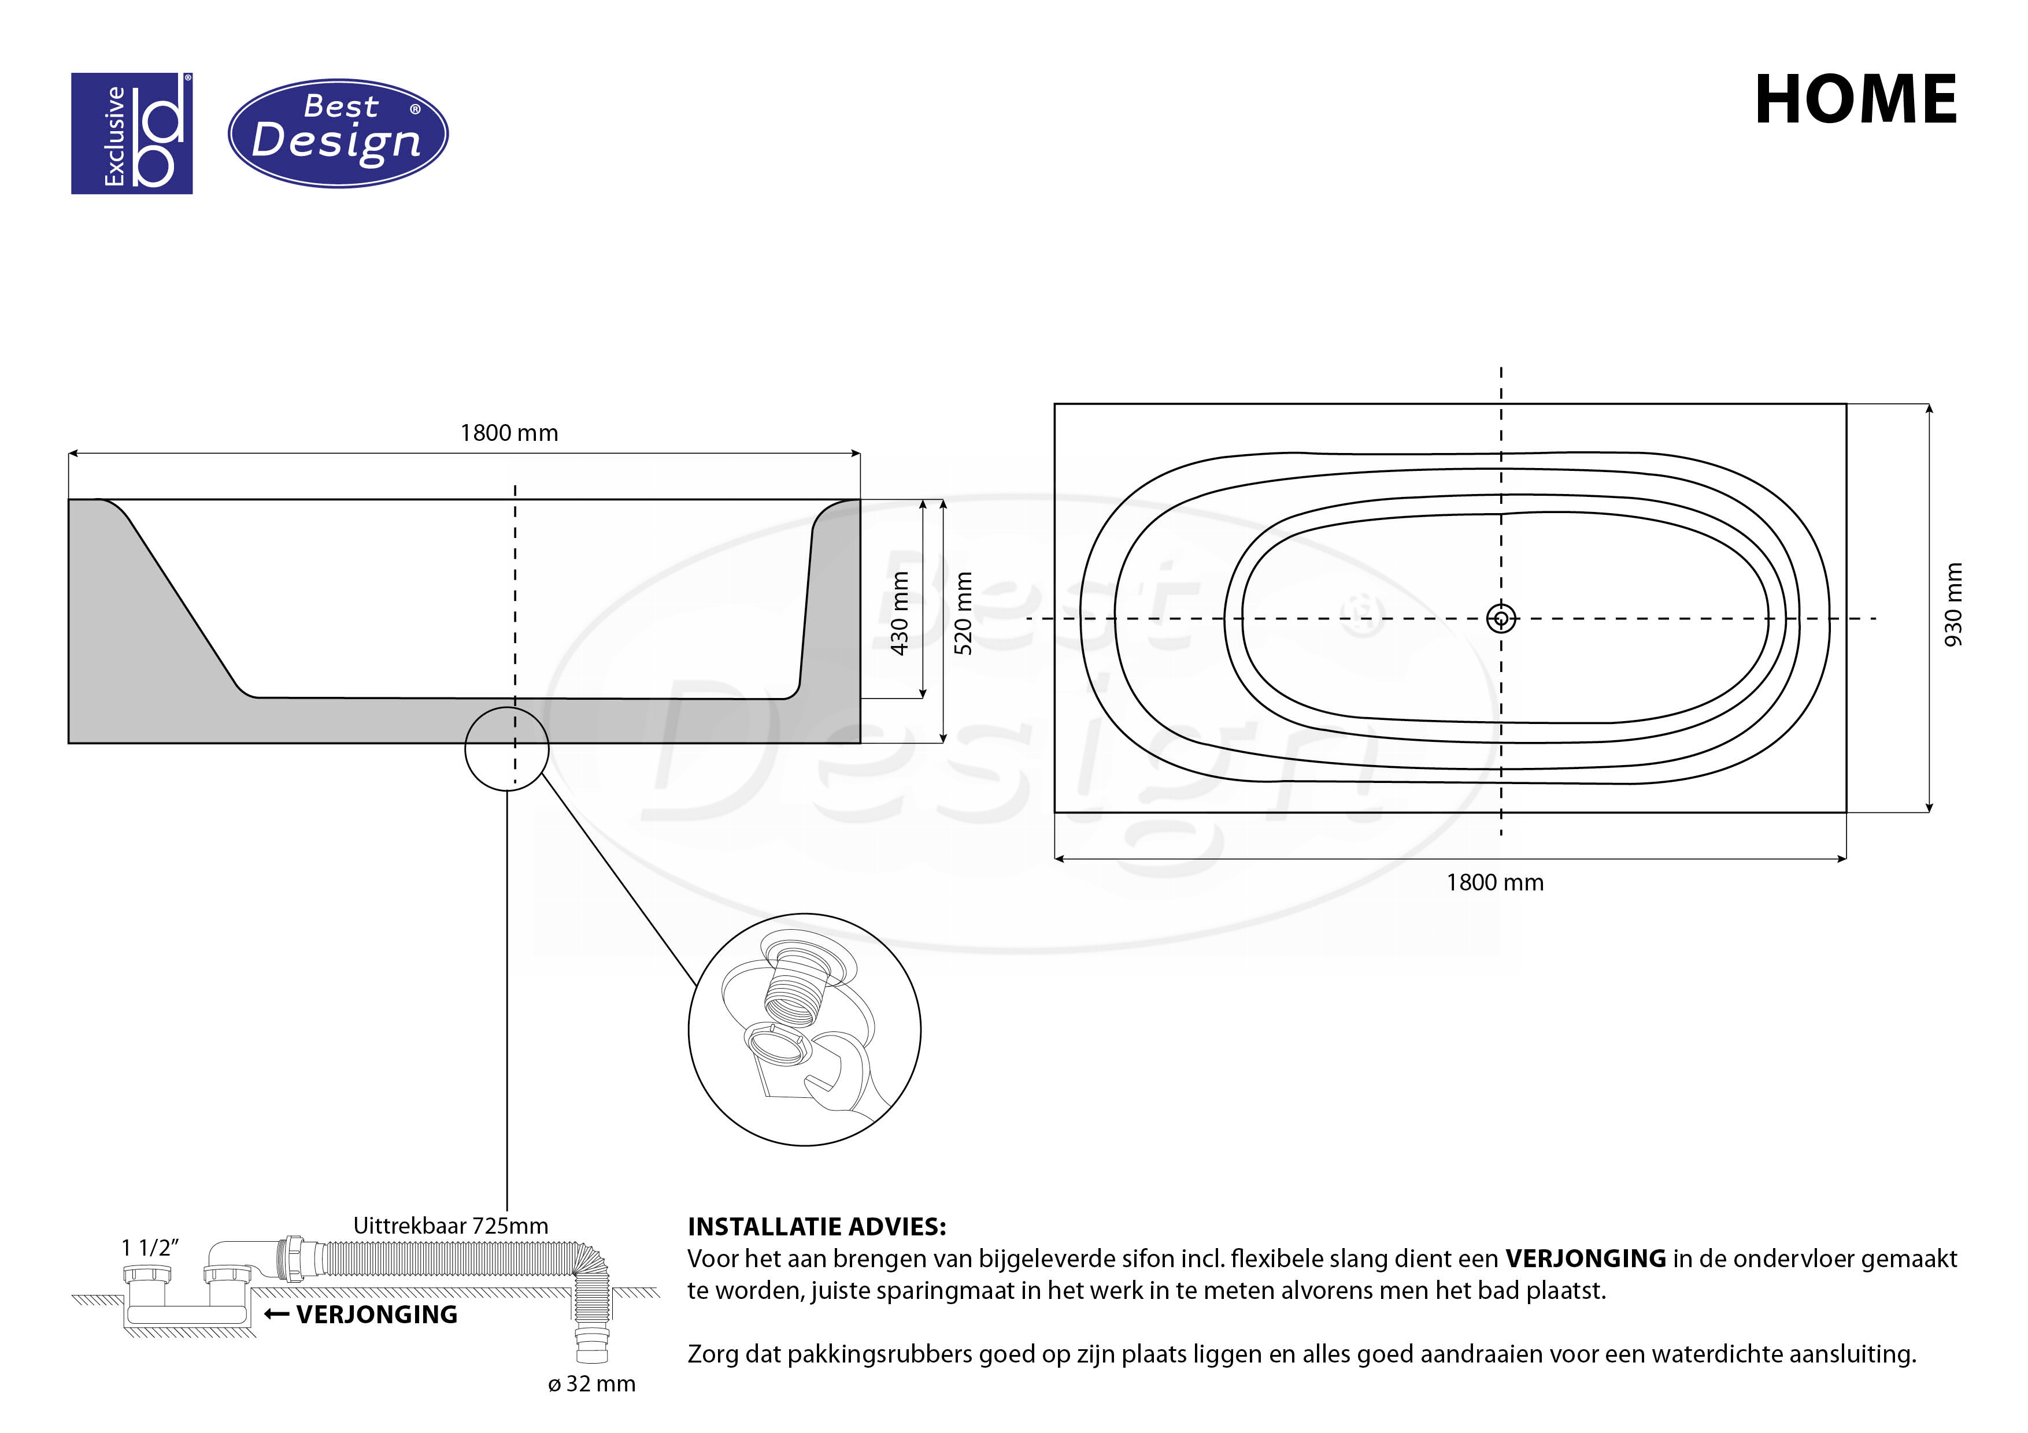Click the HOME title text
(x=1855, y=100)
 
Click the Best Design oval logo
(x=338, y=133)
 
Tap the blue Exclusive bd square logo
(x=132, y=133)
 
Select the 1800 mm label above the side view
(x=509, y=433)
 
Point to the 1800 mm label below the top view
(x=1494, y=883)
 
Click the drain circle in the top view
(x=1501, y=618)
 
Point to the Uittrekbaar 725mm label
(x=450, y=1226)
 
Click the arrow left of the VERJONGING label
(x=276, y=1315)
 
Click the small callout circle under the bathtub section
(x=507, y=749)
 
